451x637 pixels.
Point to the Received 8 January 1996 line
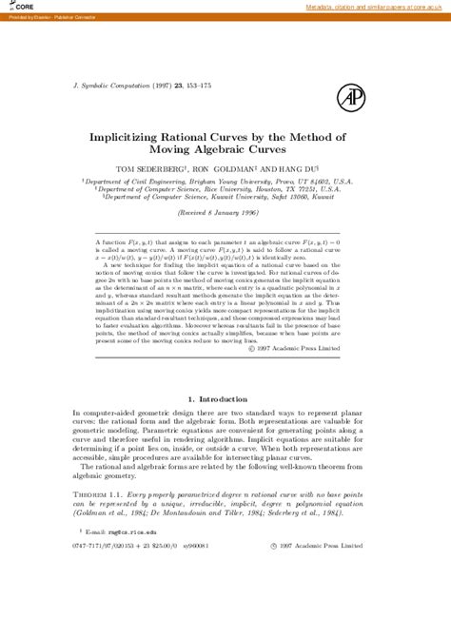[x=225, y=214]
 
